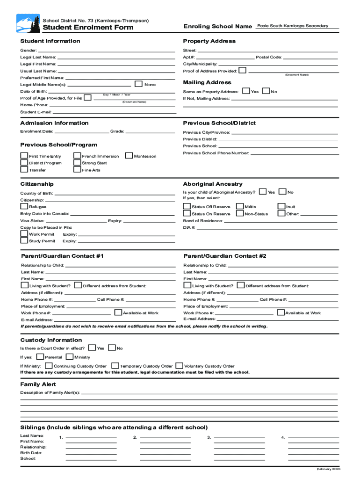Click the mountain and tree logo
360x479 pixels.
click(28, 23)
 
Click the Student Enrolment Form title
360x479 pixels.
click(88, 28)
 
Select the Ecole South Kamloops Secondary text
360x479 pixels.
click(293, 26)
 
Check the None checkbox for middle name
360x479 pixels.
click(138, 84)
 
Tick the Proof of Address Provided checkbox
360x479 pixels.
click(242, 71)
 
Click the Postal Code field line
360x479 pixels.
click(310, 58)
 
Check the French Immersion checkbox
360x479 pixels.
click(77, 156)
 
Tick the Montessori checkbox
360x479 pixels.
click(129, 156)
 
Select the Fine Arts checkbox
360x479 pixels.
click(77, 169)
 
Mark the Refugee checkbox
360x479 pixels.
click(24, 206)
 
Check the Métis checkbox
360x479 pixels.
click(240, 206)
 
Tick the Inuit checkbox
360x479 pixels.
click(281, 206)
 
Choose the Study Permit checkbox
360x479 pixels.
click(24, 240)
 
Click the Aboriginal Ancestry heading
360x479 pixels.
click(213, 184)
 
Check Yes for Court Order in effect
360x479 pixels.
click(92, 348)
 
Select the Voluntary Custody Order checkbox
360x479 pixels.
click(180, 366)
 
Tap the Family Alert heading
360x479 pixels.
click(38, 384)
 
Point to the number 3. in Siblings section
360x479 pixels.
click(209, 437)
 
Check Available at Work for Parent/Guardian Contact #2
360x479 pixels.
click(281, 312)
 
